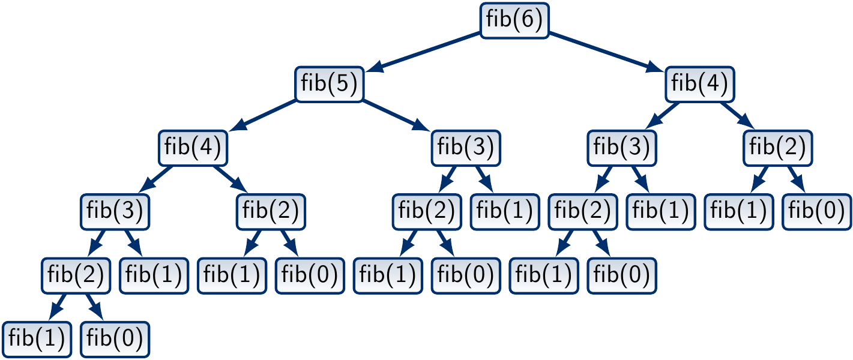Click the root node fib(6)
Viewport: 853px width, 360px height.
[515, 20]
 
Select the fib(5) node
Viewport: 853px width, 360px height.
[330, 83]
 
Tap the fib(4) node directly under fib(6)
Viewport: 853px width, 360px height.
[700, 83]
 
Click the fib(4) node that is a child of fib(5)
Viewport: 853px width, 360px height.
[193, 148]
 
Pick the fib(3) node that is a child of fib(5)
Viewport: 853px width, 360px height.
[466, 148]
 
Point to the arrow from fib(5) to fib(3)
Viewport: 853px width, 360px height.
[397, 115]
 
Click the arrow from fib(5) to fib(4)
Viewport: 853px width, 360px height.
[264, 115]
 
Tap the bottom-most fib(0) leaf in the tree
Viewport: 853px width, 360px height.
[115, 340]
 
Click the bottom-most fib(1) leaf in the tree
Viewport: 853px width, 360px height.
[37, 340]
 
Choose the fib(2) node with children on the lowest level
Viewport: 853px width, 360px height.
[76, 275]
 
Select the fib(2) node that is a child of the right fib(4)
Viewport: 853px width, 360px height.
[778, 148]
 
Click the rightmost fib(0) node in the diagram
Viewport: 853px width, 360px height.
[817, 211]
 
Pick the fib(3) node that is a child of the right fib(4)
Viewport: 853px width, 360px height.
[622, 148]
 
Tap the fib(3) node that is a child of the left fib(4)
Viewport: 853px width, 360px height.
[115, 211]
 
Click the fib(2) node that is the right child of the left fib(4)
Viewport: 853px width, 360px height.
[271, 211]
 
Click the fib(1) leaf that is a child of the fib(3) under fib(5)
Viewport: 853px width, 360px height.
[505, 211]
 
